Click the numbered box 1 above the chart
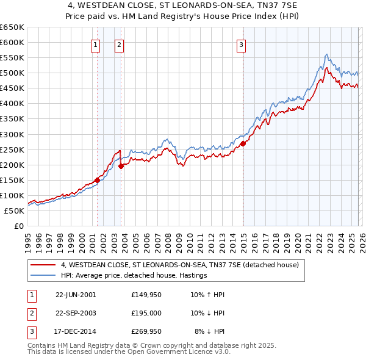[x=96, y=44]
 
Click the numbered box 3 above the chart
[x=242, y=44]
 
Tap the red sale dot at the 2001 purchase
[x=97, y=180]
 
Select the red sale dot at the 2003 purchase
[x=121, y=166]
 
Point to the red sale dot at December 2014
[x=243, y=143]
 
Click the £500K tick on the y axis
[x=12, y=73]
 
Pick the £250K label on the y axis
[x=12, y=149]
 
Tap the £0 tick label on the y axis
[x=18, y=226]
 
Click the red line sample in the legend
[x=43, y=265]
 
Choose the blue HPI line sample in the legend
[x=43, y=276]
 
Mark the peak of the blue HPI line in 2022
[x=326, y=54]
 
